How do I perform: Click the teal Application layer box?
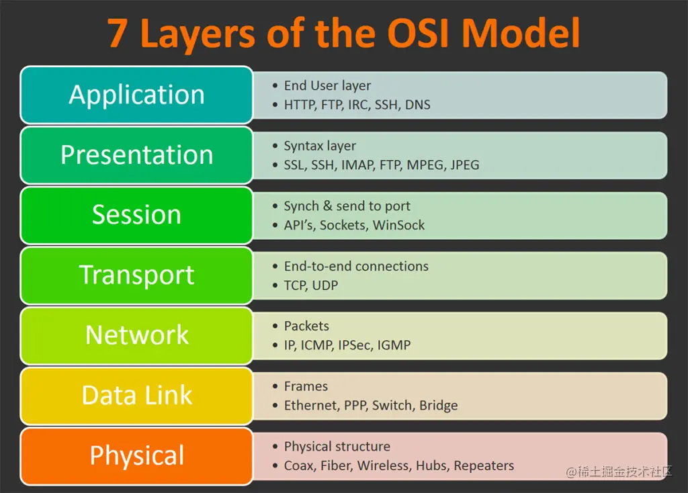(136, 95)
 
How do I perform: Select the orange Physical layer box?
(136, 455)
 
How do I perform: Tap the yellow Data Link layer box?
(136, 395)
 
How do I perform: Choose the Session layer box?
(136, 215)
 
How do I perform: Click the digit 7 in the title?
(117, 34)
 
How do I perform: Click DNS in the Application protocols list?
(417, 105)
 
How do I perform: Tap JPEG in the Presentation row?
(465, 165)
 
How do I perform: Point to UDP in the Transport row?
(325, 285)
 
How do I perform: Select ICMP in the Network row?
(316, 345)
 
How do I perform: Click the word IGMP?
(394, 345)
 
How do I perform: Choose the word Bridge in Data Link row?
(438, 405)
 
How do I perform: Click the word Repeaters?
(484, 465)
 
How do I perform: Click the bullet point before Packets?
(275, 326)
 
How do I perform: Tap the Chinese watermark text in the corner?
(619, 472)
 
